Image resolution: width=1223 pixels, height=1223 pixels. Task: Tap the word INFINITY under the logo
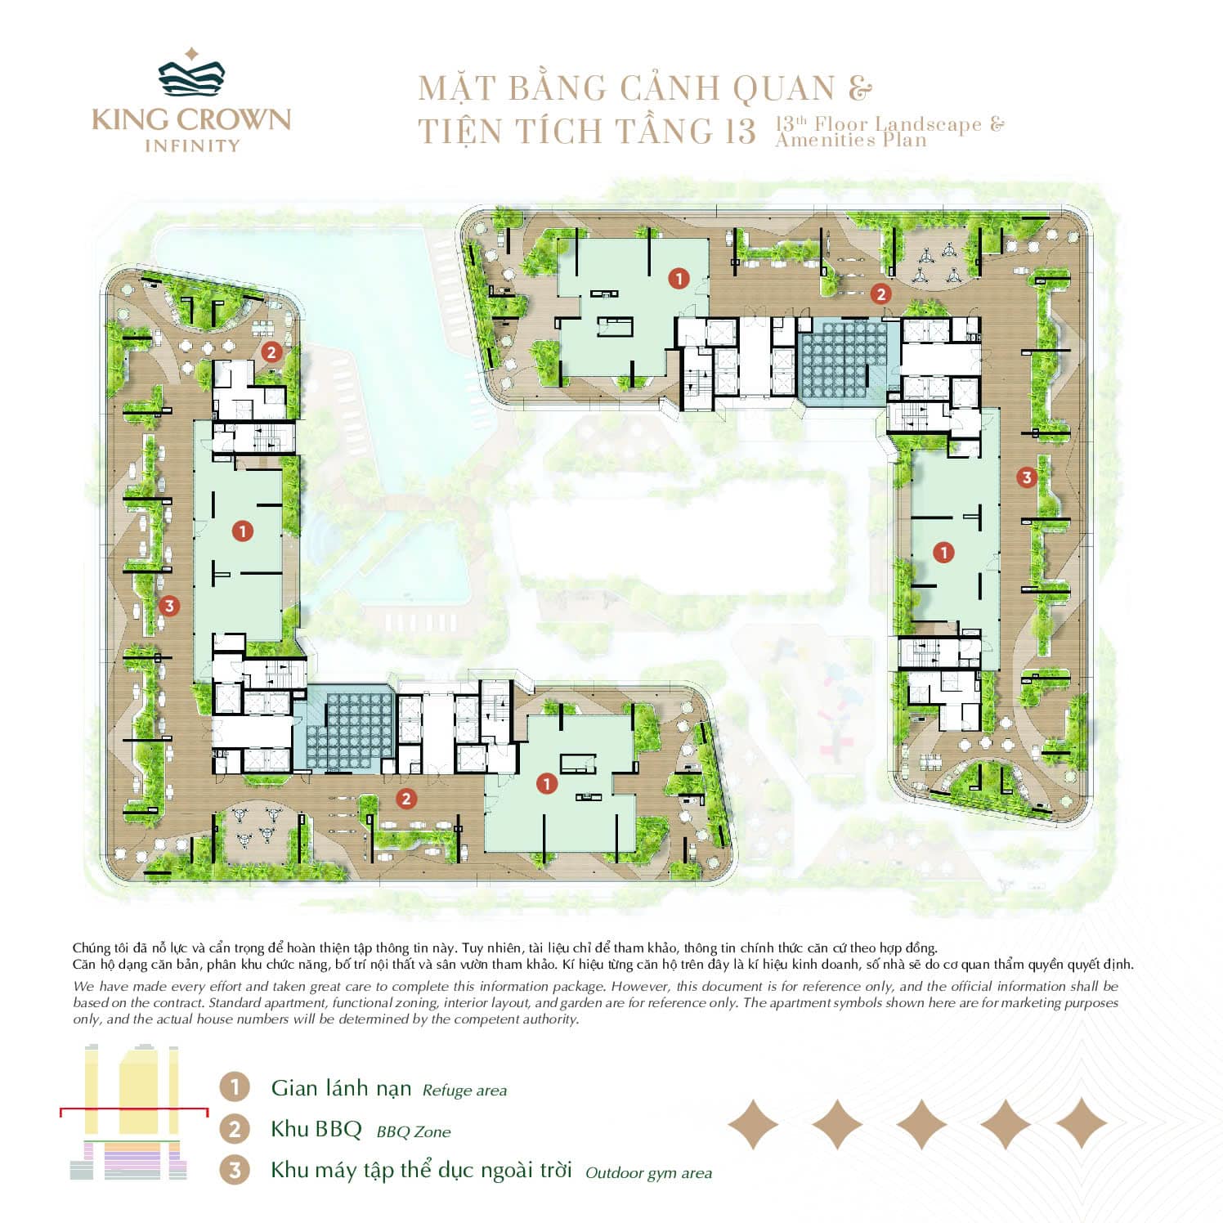pos(192,146)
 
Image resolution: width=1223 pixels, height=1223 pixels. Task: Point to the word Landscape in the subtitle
pos(929,124)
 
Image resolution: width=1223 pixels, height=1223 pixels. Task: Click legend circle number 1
pos(235,1087)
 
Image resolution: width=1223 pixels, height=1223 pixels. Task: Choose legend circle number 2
pos(235,1129)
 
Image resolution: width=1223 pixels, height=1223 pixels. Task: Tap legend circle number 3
pos(235,1170)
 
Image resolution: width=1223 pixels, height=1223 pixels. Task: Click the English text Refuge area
pos(464,1091)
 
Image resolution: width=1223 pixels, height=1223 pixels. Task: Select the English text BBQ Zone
pos(414,1132)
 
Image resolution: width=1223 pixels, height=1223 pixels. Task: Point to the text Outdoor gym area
pos(648,1174)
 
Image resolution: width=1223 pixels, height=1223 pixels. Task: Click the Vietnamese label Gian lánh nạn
pos(341,1088)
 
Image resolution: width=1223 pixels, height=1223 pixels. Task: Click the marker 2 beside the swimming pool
pos(271,352)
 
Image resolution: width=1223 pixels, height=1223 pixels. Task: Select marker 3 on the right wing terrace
pos(1027,477)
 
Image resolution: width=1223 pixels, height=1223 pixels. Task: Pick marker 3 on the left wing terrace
pos(169,606)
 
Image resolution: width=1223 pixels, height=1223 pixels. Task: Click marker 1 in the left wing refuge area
pos(242,531)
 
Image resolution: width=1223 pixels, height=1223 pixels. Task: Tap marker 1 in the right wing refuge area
pos(943,553)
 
